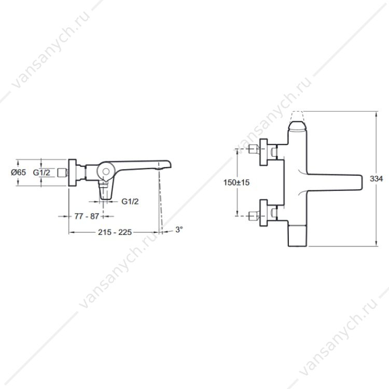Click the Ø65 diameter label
coord(18,172)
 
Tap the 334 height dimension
coord(376,178)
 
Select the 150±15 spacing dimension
coord(237,183)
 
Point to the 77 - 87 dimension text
coord(87,216)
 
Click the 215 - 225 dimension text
coord(115,232)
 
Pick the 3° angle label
coord(179,229)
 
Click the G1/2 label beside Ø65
coord(41,172)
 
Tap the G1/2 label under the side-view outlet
coord(130,201)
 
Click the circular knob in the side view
coord(106,171)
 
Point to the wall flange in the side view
coord(72,172)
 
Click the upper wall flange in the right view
coord(263,152)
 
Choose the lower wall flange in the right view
coord(263,213)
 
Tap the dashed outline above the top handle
coord(298,116)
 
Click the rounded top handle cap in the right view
coord(298,126)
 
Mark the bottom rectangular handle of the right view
coord(298,235)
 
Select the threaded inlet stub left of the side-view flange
coord(62,172)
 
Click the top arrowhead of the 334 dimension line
coord(377,114)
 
